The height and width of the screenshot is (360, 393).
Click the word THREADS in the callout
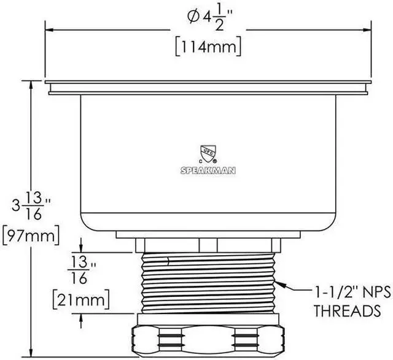(346, 311)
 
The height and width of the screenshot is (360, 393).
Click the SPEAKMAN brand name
(207, 170)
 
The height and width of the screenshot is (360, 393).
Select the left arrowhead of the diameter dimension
(50, 29)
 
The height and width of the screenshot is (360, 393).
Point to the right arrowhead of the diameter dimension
(369, 29)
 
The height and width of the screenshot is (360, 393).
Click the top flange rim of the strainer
(209, 82)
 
